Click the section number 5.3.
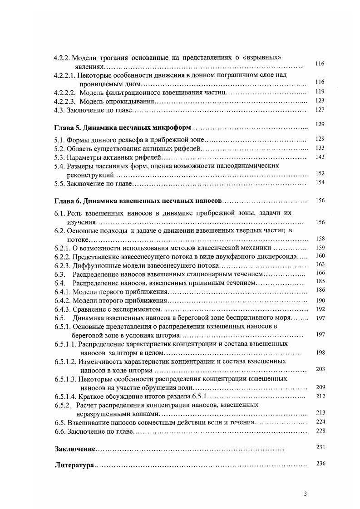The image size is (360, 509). click(59, 157)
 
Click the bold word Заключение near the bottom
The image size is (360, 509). click(74, 449)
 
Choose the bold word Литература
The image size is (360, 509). click(74, 465)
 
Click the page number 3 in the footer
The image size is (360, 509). click(305, 494)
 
